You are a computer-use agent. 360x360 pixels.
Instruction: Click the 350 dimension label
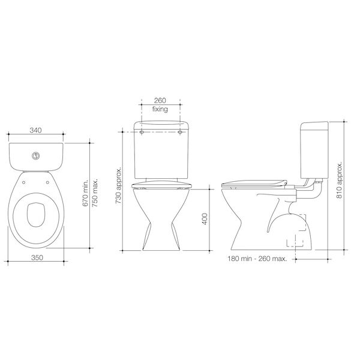[37, 259]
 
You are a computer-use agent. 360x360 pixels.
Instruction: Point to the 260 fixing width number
[159, 101]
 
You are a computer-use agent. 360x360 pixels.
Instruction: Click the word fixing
[159, 110]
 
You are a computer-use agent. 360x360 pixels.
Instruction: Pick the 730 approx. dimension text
[118, 187]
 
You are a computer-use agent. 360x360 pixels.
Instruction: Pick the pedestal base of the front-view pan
[160, 240]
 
